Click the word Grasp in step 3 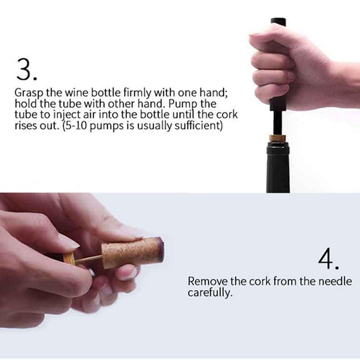tap(29, 93)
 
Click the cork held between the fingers tap(132, 253)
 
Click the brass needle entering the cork tap(88, 259)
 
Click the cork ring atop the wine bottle tap(278, 138)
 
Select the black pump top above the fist tap(278, 21)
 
